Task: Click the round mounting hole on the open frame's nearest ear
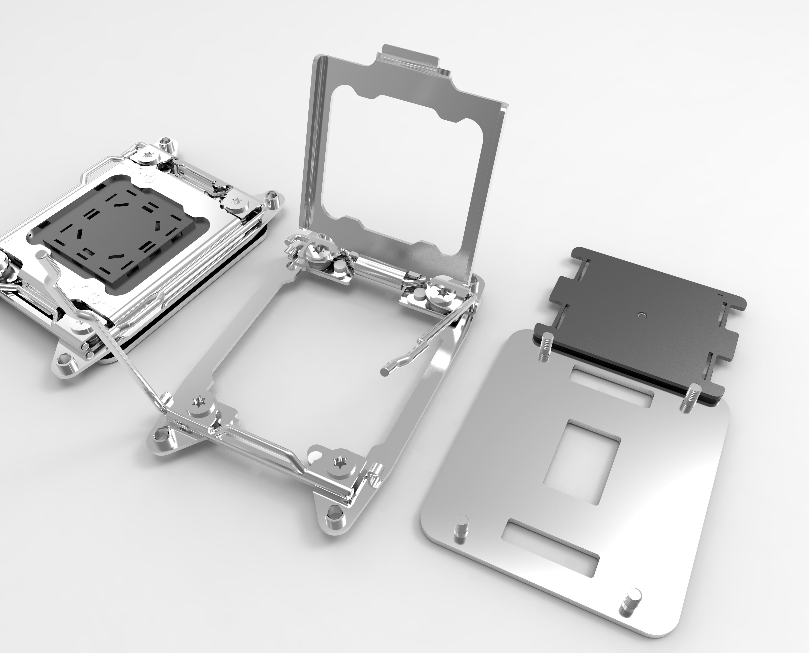pyautogui.click(x=333, y=522)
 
